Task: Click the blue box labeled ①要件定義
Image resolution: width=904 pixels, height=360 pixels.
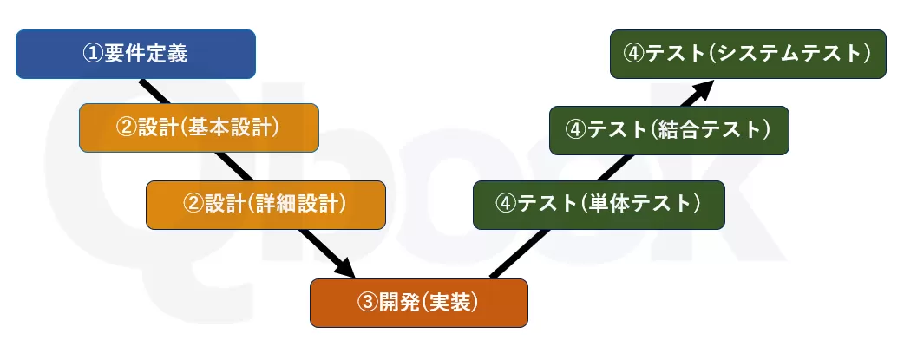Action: [135, 54]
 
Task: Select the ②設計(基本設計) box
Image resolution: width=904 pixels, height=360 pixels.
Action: [199, 128]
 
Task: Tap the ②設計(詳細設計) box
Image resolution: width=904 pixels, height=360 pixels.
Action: [265, 205]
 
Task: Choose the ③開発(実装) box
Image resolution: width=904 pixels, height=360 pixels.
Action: [418, 303]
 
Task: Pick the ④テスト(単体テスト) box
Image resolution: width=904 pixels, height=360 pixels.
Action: [599, 205]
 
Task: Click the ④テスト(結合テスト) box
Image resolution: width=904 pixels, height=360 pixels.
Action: [669, 130]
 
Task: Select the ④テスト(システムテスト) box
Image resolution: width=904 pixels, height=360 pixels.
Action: [748, 54]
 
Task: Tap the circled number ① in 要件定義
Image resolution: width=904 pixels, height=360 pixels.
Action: [93, 54]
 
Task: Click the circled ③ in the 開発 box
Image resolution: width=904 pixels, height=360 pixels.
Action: [367, 303]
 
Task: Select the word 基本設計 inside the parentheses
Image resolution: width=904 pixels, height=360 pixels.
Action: [227, 128]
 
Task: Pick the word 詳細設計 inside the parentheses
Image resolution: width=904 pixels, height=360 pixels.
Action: [296, 205]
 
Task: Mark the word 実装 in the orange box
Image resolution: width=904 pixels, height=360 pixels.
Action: [448, 303]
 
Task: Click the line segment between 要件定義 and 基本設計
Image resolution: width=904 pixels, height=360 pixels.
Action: [152, 91]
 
